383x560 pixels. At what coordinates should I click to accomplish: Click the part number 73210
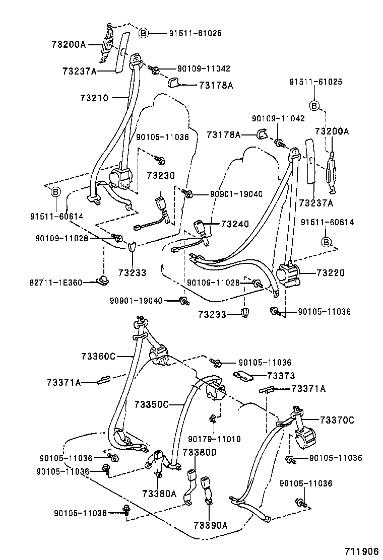point(94,98)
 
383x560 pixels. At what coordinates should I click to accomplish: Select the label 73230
point(161,176)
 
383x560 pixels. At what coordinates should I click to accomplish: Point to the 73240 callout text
point(234,224)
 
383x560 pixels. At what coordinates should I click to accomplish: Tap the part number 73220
point(331,273)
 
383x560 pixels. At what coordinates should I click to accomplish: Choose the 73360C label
point(98,357)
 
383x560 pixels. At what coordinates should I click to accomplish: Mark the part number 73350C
point(152,404)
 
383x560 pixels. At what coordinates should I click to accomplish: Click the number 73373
point(281,376)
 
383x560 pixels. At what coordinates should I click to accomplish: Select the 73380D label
point(199,452)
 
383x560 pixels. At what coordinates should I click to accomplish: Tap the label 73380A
point(159,493)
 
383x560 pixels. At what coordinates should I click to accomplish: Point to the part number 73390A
point(210,526)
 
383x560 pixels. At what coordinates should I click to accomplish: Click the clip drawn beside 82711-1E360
point(103,280)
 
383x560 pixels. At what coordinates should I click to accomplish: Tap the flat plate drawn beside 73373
point(244,375)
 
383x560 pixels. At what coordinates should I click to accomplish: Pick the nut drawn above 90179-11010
point(213,418)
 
